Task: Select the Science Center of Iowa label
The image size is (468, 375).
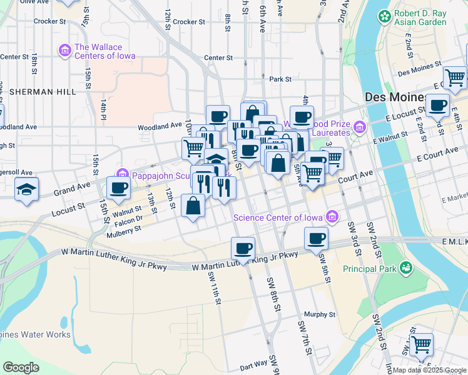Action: pos(278,217)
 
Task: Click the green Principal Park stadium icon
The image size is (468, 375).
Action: pos(407,268)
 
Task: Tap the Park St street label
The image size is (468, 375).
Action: pos(280,79)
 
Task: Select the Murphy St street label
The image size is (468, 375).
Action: pos(320,315)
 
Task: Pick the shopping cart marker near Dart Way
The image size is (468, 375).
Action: pos(421,344)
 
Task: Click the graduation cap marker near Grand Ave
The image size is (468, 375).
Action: pos(26,189)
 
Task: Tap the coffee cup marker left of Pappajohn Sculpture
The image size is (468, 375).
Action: pos(118,187)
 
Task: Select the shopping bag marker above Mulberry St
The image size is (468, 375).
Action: pos(193,205)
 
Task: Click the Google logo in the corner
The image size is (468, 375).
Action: pos(21,367)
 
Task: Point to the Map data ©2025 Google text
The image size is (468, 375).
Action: pos(429,370)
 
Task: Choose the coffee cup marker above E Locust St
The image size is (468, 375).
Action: pos(438,104)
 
